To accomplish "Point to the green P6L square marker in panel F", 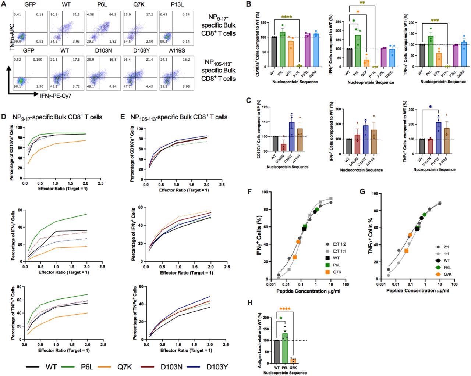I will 305,226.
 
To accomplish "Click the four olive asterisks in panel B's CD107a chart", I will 289,17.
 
